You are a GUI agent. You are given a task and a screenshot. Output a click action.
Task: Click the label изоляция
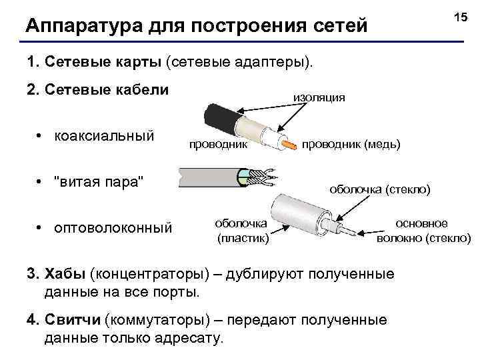click(x=319, y=97)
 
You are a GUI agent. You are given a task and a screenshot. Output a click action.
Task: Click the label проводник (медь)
click(x=351, y=144)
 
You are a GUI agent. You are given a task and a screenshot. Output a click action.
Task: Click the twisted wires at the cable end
click(x=263, y=177)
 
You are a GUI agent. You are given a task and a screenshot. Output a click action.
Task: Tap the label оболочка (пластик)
click(x=241, y=230)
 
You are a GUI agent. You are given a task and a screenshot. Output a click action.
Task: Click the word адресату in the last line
click(x=189, y=338)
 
